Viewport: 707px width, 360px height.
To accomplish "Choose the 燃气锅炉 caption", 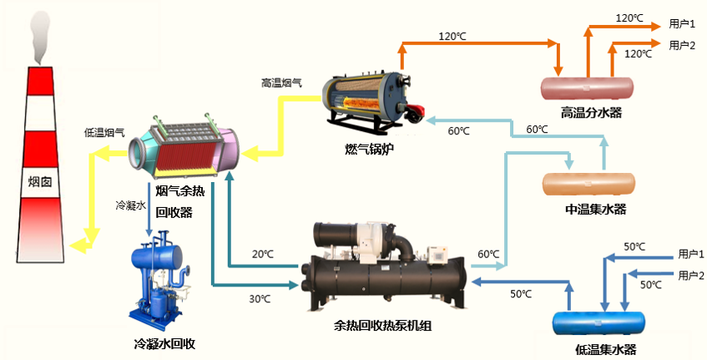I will (369, 149).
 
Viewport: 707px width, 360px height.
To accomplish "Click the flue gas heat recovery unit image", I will (185, 149).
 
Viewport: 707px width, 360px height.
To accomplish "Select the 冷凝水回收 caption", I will (164, 343).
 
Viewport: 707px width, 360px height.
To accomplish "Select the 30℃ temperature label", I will (260, 298).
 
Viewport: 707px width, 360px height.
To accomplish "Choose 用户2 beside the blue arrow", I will (691, 276).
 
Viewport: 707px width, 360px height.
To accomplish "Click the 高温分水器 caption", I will (591, 112).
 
